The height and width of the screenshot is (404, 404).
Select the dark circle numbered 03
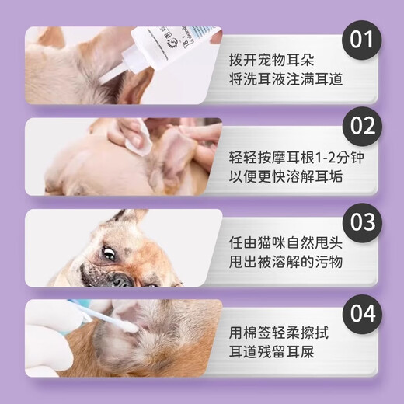click(x=361, y=221)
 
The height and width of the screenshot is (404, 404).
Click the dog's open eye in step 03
click(x=110, y=252)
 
